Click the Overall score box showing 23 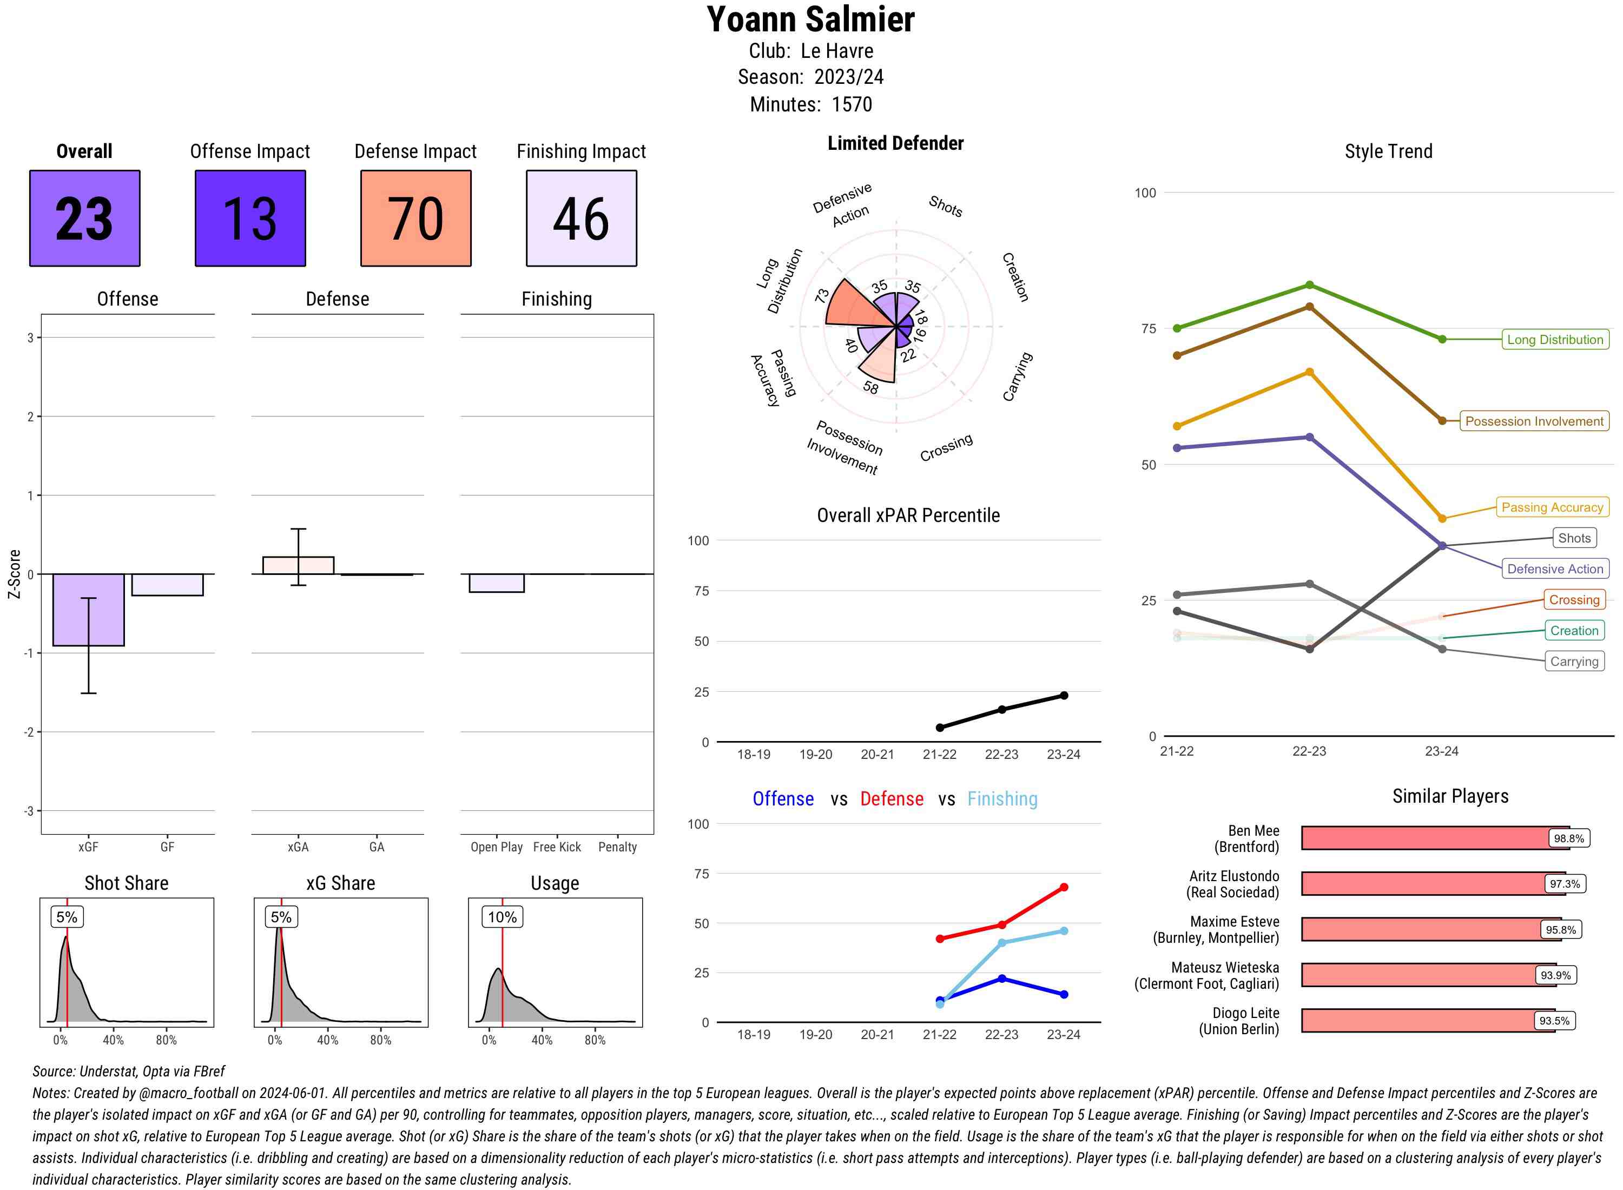point(84,219)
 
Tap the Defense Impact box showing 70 point(415,219)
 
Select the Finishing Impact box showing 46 point(582,219)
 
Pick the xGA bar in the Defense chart point(298,565)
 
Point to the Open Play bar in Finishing point(496,583)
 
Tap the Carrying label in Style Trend point(1573,662)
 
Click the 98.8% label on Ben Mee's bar point(1568,838)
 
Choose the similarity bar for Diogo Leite point(1426,1021)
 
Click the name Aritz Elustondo point(1233,876)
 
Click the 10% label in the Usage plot point(502,917)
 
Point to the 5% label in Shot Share point(67,917)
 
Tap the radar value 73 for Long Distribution point(822,296)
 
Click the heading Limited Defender point(895,143)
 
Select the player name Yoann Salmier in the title point(810,19)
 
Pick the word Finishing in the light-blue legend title point(1002,799)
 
